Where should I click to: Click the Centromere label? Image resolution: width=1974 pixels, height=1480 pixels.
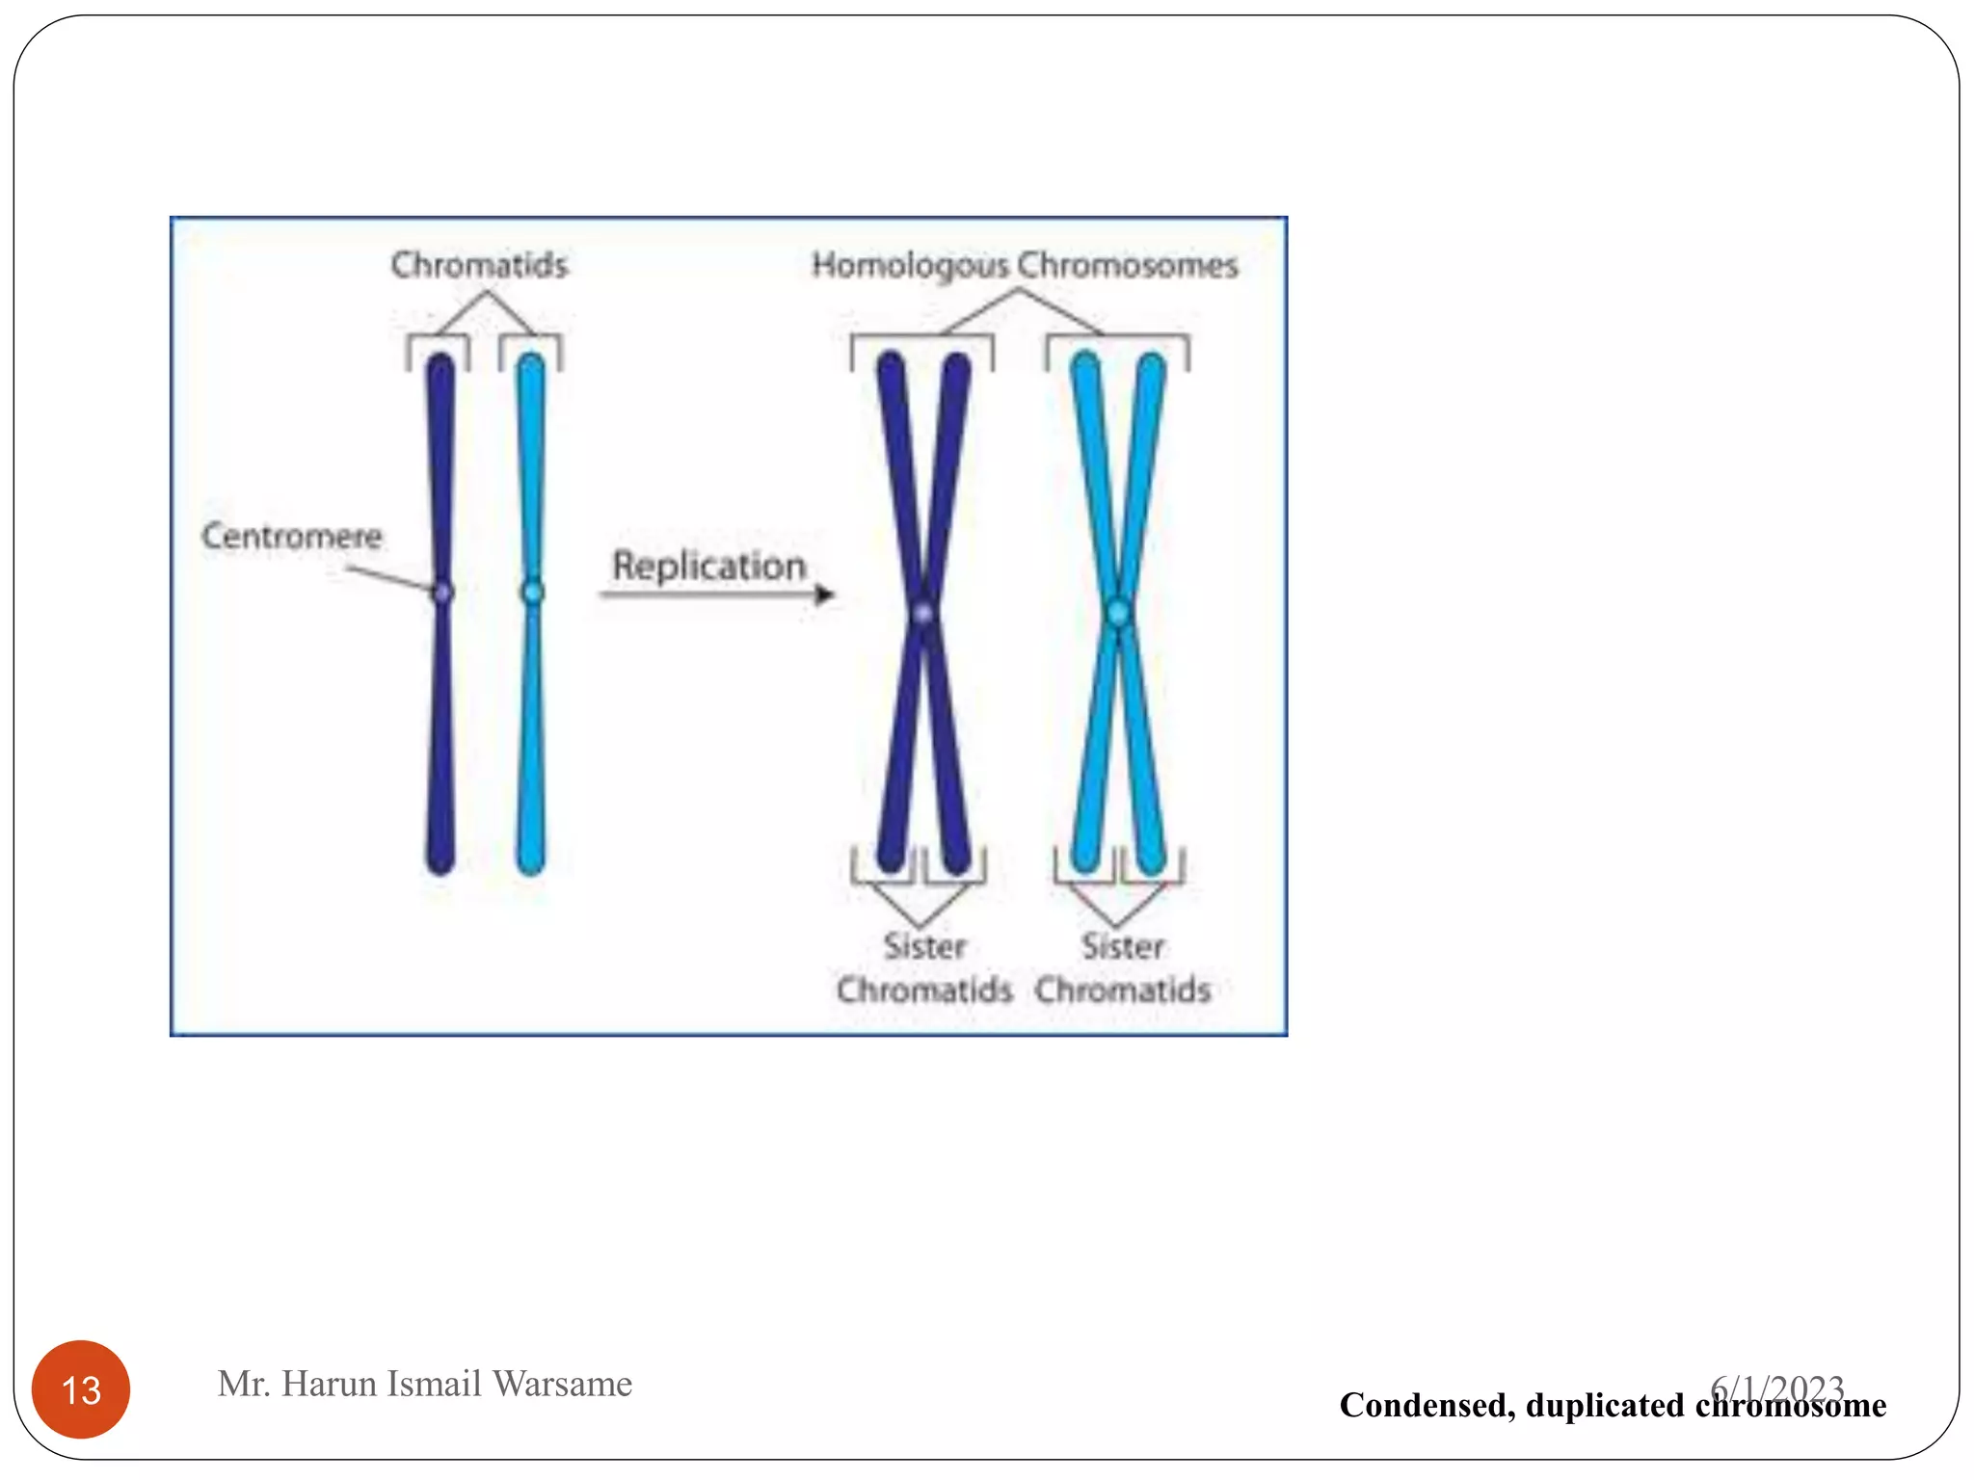[291, 536]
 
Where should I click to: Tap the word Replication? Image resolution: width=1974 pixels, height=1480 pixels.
[708, 566]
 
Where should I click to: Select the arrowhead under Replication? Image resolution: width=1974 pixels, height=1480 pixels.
[824, 595]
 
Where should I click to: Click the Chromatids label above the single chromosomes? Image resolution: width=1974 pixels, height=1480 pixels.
[479, 265]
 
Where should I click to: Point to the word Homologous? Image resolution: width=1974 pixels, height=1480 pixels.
[910, 265]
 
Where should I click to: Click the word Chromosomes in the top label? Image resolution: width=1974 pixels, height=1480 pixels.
[1128, 265]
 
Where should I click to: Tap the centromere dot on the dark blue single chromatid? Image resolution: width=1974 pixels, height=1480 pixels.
[442, 593]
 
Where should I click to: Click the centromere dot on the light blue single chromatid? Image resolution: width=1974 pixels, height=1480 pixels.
[532, 592]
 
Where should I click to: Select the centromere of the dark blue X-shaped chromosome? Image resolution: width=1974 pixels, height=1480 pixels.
[923, 613]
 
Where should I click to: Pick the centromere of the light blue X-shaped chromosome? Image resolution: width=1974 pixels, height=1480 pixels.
[1118, 612]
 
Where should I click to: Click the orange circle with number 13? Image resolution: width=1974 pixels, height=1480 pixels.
[81, 1389]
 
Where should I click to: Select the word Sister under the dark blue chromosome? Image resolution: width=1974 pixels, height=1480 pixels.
[924, 946]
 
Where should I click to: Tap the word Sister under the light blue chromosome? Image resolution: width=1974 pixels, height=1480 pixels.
[1122, 946]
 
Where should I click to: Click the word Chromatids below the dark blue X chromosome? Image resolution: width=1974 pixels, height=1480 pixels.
[924, 990]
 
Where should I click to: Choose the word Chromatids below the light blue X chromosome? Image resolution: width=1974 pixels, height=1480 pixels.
[1123, 990]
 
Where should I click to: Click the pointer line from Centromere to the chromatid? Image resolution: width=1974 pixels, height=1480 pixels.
[390, 578]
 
